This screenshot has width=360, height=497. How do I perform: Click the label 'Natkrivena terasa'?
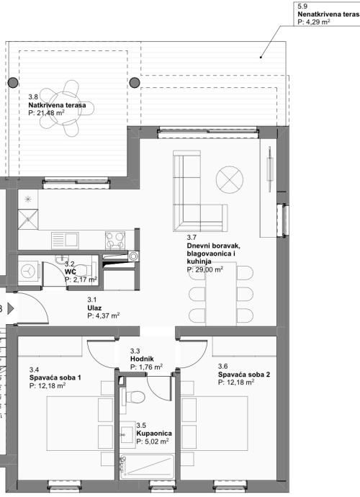point(57,105)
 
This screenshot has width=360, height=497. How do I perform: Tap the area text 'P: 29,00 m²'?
point(205,269)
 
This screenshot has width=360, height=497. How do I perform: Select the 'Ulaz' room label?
point(94,308)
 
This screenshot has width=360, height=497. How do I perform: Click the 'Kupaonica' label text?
point(154,433)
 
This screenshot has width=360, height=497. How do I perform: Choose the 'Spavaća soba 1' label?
point(55,377)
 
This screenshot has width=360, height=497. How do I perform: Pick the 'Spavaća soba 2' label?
point(244,375)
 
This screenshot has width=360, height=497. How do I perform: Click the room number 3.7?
point(192,237)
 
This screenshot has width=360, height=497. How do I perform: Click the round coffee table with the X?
point(230,180)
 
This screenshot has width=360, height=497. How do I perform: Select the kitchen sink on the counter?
point(65,241)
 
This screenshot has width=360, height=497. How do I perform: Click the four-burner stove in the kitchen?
point(115,241)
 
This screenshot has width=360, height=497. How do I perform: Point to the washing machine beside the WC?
point(29,272)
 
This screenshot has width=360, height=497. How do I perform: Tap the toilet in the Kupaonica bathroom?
point(135,396)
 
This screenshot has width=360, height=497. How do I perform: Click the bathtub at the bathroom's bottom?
point(147,467)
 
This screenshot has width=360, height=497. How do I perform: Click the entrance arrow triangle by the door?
point(11,308)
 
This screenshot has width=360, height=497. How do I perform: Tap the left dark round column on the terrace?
point(13,83)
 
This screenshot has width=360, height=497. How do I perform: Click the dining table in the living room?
point(221,294)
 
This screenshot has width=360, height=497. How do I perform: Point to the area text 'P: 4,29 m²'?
point(314,22)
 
